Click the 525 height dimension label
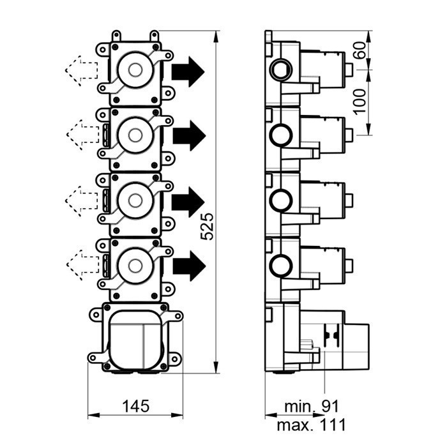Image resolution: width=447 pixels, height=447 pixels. pos(207,227)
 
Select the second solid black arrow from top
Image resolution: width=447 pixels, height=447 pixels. pos(188,135)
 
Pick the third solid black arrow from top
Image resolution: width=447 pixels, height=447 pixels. pos(188,201)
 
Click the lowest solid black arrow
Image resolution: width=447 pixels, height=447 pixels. pos(188,264)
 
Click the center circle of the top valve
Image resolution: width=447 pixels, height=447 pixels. pos(135,70)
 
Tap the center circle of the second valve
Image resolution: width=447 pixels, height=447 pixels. pos(135,135)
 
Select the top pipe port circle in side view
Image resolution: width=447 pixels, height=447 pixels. pos(280,68)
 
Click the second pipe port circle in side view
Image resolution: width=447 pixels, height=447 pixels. pos(280,135)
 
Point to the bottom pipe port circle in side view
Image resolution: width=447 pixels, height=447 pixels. pos(280,264)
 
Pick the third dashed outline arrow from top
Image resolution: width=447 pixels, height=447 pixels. pos(80,200)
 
